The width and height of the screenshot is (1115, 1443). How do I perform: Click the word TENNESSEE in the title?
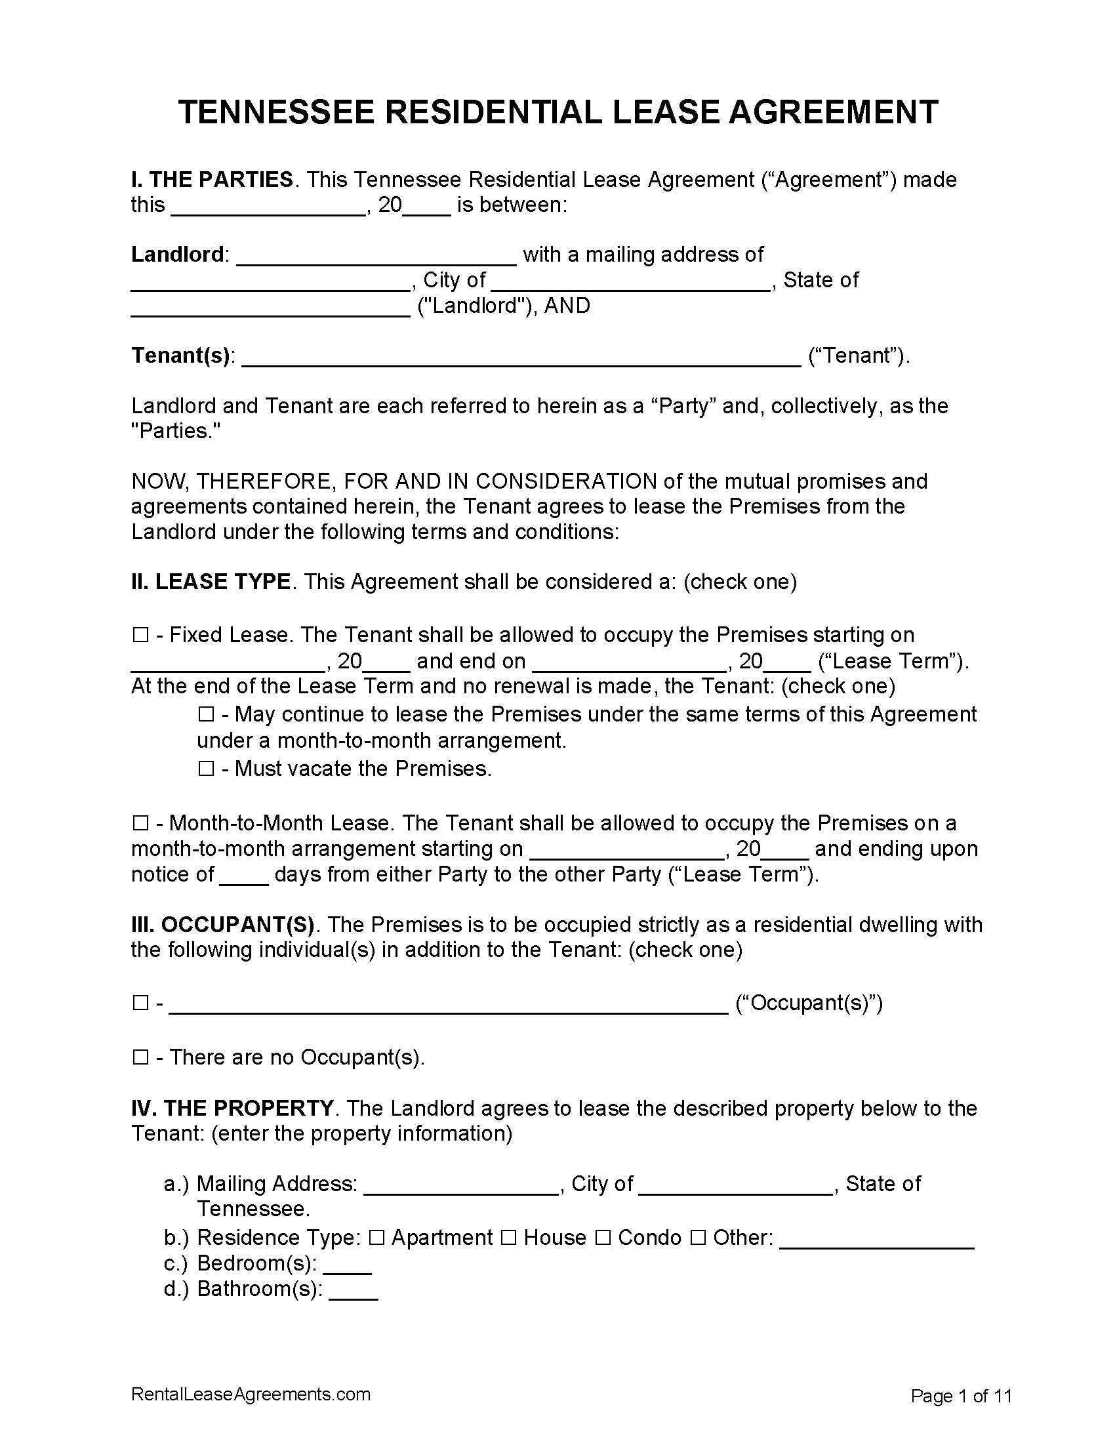277,112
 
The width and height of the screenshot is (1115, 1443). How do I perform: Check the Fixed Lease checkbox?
140,636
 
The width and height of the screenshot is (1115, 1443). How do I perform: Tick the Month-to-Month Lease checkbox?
140,823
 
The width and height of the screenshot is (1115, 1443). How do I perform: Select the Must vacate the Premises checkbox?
206,769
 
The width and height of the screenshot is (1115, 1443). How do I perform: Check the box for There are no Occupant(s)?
140,1058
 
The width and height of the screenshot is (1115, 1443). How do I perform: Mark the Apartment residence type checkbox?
376,1238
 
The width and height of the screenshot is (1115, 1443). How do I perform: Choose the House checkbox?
508,1238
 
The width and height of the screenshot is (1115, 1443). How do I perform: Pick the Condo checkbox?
602,1238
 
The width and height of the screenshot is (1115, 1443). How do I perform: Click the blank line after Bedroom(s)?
348,1265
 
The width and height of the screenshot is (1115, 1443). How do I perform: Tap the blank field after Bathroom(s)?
354,1291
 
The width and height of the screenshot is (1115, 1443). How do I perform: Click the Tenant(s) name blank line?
522,357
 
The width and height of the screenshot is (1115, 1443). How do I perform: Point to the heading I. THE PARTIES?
212,180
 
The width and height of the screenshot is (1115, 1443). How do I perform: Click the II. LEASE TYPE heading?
211,582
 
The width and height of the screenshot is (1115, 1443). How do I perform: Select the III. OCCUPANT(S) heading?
222,924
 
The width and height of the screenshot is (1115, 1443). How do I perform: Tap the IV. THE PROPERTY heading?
232,1108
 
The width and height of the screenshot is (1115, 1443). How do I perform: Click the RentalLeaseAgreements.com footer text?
251,1394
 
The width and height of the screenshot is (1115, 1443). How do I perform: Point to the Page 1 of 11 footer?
961,1396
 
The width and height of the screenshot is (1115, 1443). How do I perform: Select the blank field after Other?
877,1239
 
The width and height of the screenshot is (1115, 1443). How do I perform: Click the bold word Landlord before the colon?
178,254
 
